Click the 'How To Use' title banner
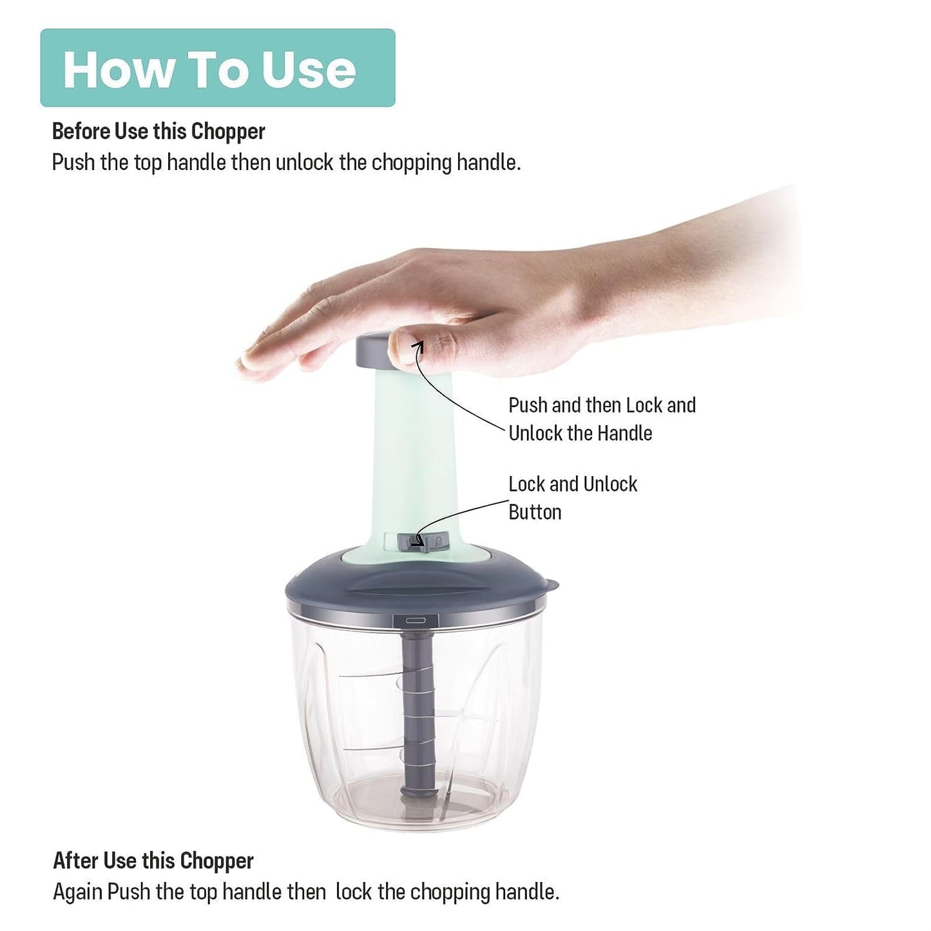217,68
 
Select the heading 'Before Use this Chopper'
158,131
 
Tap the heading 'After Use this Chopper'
153,861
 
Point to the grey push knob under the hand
373,350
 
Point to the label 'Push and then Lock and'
602,405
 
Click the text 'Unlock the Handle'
580,434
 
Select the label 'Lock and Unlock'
573,484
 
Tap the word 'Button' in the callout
535,512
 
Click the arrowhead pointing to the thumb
419,346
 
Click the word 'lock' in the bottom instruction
354,892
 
